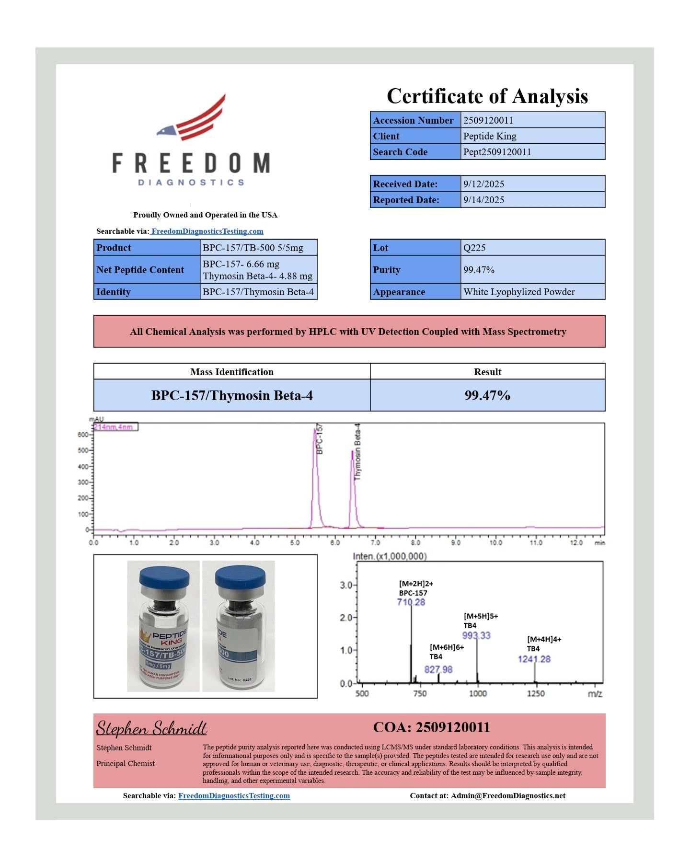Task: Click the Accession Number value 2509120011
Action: (488, 120)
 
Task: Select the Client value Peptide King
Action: (490, 136)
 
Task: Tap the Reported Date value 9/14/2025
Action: (483, 200)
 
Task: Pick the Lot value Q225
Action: (474, 248)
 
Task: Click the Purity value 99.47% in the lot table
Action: (479, 270)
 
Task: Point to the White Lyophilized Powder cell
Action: (519, 292)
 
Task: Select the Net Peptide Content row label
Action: (140, 270)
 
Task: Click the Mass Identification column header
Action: (232, 372)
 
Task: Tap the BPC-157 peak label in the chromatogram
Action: (320, 438)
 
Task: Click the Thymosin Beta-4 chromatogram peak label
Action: (357, 451)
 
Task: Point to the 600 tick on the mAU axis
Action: (82, 435)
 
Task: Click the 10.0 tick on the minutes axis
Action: (495, 543)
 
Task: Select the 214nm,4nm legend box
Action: (115, 427)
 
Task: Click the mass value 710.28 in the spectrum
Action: (411, 602)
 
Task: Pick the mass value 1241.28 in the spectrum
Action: (534, 659)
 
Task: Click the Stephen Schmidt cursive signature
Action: (151, 728)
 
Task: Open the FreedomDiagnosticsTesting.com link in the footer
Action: (234, 796)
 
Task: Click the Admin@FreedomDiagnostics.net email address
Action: (508, 796)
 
